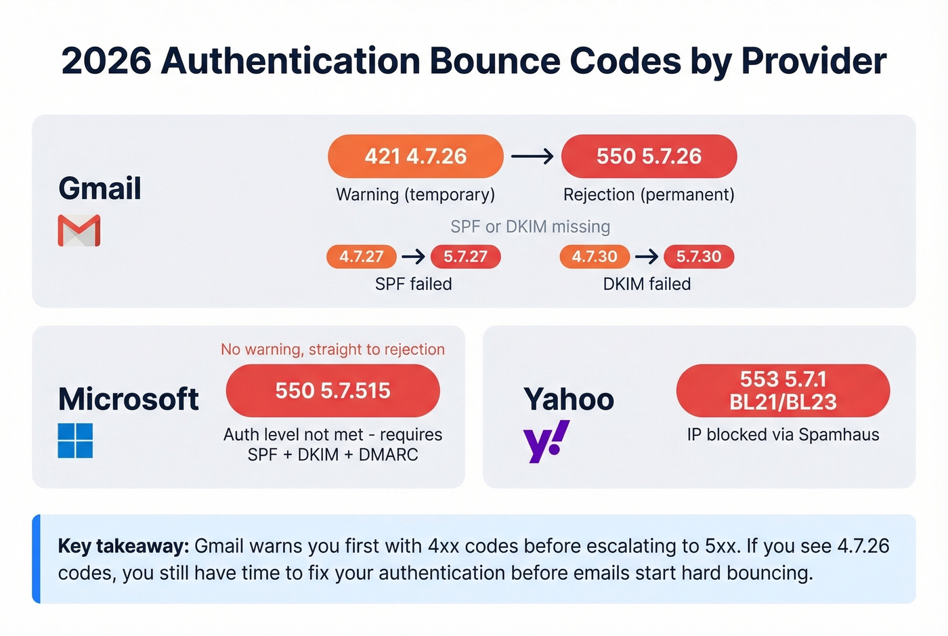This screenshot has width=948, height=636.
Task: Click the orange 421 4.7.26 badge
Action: coord(415,156)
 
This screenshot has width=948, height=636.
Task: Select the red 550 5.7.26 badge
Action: coord(649,156)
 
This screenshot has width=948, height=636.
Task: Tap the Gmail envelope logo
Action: coord(79,230)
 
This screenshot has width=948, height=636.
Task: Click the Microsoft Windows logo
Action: coord(75,440)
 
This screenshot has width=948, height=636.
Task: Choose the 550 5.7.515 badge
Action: coord(332,391)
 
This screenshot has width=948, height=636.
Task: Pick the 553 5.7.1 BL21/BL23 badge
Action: coord(783,391)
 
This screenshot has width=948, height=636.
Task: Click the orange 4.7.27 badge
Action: coord(361,257)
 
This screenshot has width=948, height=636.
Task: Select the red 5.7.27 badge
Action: coord(465,257)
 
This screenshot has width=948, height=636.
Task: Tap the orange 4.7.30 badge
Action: coord(594,257)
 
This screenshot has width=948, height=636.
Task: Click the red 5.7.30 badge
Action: coord(698,257)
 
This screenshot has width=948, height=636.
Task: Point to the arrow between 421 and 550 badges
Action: coord(532,156)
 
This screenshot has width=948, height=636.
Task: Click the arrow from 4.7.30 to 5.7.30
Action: coord(647,257)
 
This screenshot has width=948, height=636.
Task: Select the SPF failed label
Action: coord(413,284)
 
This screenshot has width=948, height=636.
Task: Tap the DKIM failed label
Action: coord(647,284)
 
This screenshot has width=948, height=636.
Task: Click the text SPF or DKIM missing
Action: coord(530,226)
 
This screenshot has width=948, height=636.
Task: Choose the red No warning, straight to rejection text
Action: coord(332,349)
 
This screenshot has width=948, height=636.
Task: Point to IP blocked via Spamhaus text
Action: coord(783,435)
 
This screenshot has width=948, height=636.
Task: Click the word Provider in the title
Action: coord(813,61)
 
